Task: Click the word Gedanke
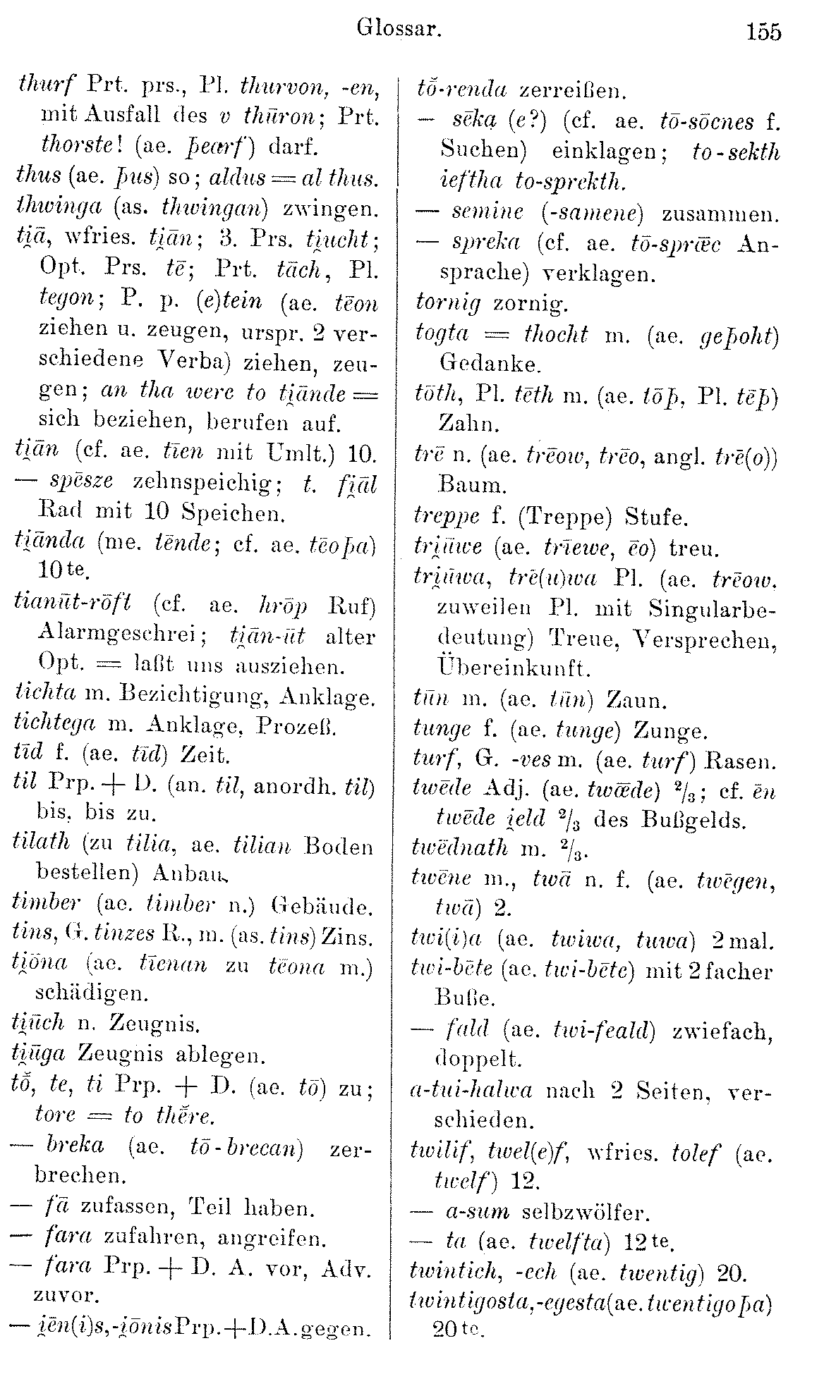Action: click(489, 364)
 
